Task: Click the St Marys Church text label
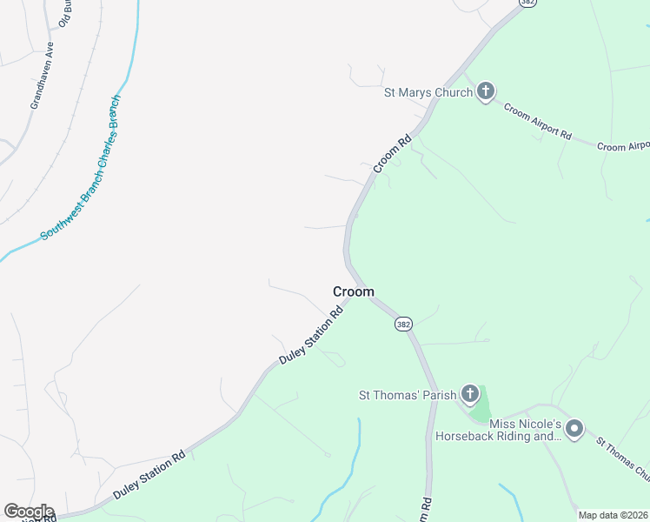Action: pyautogui.click(x=428, y=92)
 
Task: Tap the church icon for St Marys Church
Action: pyautogui.click(x=485, y=91)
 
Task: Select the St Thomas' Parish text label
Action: pyautogui.click(x=408, y=395)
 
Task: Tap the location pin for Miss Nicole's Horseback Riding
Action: pyautogui.click(x=574, y=429)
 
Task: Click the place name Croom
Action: pyautogui.click(x=354, y=292)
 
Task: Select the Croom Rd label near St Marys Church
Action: pyautogui.click(x=391, y=153)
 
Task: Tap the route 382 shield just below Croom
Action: pyautogui.click(x=402, y=324)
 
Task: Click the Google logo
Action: pyautogui.click(x=29, y=512)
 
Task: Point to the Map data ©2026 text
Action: pyautogui.click(x=614, y=515)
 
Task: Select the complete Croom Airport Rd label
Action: pyautogui.click(x=538, y=123)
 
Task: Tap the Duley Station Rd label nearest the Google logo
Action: pyautogui.click(x=149, y=475)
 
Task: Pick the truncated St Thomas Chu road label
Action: pyautogui.click(x=623, y=457)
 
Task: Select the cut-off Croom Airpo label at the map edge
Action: pyautogui.click(x=623, y=146)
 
